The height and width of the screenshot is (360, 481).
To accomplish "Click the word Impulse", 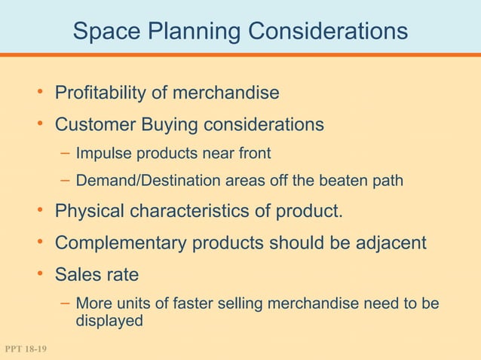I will [x=104, y=154].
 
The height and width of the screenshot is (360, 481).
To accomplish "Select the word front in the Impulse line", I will [x=253, y=154].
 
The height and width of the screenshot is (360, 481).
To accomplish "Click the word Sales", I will [x=79, y=274].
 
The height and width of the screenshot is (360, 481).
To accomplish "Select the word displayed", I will [x=109, y=320].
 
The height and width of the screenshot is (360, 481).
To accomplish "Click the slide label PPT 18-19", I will [x=25, y=349].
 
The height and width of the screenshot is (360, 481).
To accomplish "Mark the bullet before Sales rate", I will [x=42, y=273].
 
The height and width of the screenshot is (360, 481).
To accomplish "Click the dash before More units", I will [x=66, y=304].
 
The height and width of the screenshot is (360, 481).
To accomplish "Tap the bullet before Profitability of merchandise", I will [x=42, y=93].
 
